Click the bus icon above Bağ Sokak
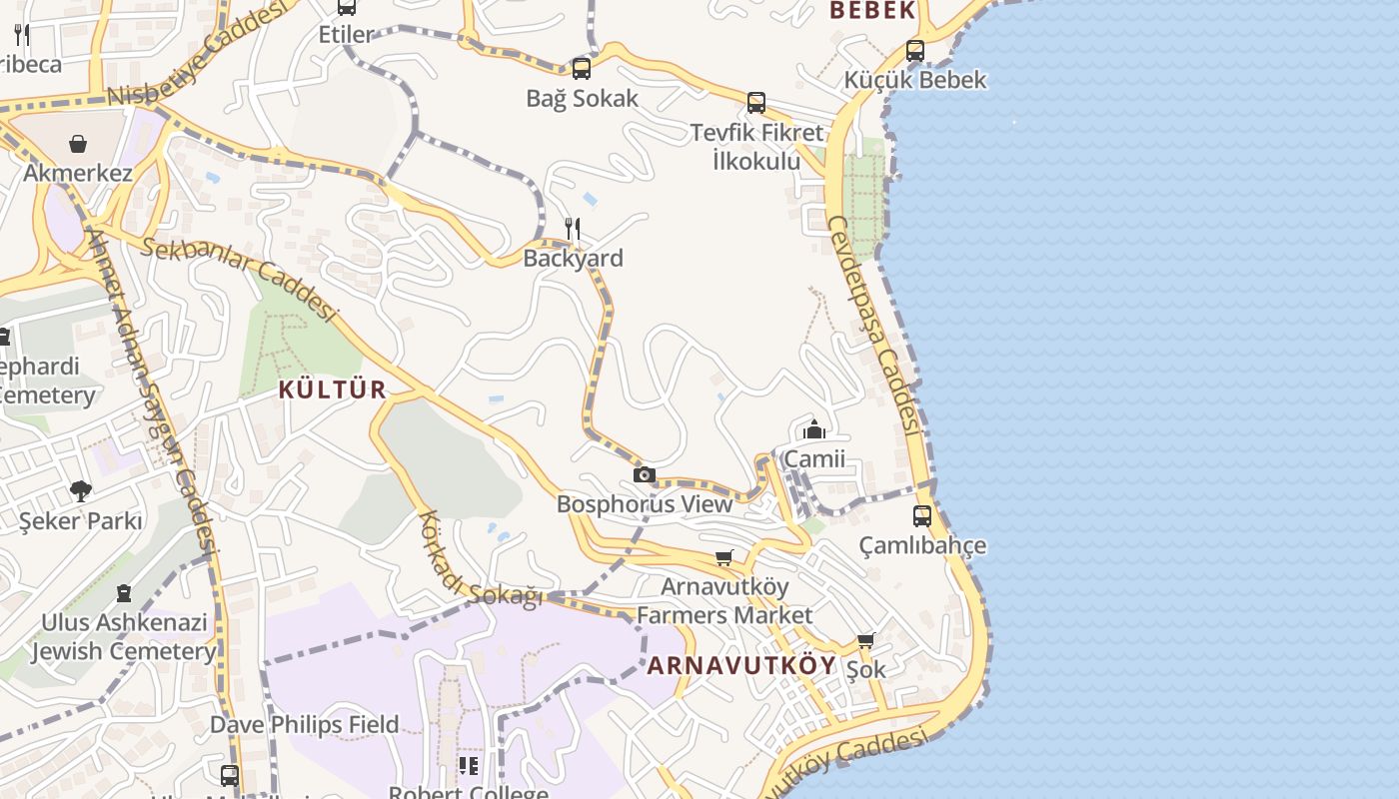[582, 69]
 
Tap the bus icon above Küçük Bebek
[915, 51]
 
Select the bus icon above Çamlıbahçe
[922, 516]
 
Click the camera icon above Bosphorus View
[645, 474]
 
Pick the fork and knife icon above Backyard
[573, 229]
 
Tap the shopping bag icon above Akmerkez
[78, 144]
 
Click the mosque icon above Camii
[814, 429]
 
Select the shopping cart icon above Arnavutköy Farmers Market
[724, 557]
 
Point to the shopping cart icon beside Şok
[865, 640]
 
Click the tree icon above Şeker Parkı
[80, 491]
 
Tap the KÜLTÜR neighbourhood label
[332, 390]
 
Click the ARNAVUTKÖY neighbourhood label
[741, 666]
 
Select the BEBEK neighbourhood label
[872, 11]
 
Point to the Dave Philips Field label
[304, 724]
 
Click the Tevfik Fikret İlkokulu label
[756, 146]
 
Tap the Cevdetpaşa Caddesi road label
[874, 324]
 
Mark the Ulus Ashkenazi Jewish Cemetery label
[123, 637]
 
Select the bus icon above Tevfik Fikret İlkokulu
[756, 103]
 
